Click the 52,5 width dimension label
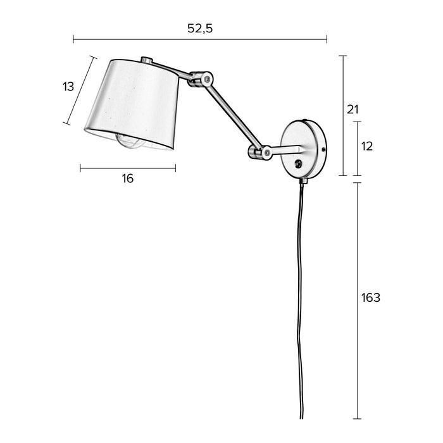[x=200, y=28]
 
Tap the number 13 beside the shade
[x=68, y=87]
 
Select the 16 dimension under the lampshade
[x=127, y=178]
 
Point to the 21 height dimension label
[x=353, y=109]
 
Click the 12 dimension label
[x=367, y=146]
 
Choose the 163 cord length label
[x=371, y=297]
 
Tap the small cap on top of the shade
[x=147, y=60]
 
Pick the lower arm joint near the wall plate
[x=260, y=153]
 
